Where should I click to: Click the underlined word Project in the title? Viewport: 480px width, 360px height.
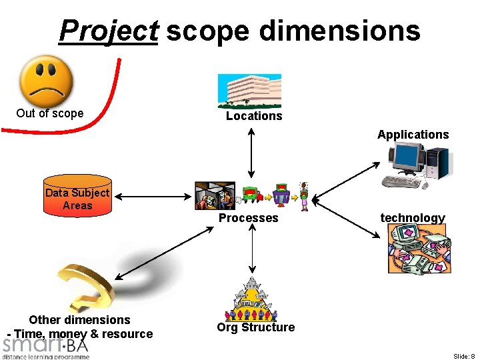pos(108,30)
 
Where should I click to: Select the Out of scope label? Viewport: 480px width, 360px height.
pos(50,113)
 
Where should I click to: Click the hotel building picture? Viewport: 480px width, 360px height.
pos(251,91)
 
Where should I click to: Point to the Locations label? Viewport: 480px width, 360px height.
pos(254,116)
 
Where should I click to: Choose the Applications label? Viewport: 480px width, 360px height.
pos(413,135)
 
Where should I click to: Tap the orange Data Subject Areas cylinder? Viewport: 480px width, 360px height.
pos(77,195)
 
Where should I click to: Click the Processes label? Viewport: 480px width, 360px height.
pos(249,218)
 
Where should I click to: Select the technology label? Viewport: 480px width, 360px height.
pos(412,218)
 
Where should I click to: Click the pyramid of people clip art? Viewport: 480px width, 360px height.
pos(251,301)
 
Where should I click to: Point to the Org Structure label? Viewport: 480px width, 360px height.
pos(255,327)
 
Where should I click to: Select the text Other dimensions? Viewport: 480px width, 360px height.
pos(79,320)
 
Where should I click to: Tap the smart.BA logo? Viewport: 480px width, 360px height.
pos(45,347)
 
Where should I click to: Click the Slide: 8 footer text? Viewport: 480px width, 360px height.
pos(463,356)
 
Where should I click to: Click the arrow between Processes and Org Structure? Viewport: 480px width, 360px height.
pos(251,250)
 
